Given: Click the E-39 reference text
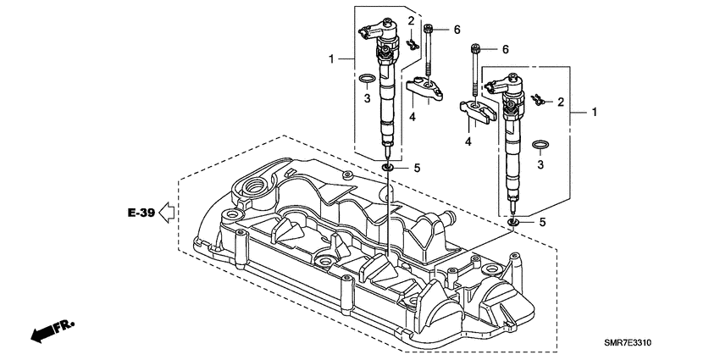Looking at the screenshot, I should coord(141,213).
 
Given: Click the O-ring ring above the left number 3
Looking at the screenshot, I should coord(366,80).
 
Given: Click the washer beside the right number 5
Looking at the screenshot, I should coord(514,224).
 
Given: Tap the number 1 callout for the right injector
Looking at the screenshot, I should coord(595,112).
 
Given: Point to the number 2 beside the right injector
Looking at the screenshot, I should coord(561,102).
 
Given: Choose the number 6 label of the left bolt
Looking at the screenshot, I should coord(456,30).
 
